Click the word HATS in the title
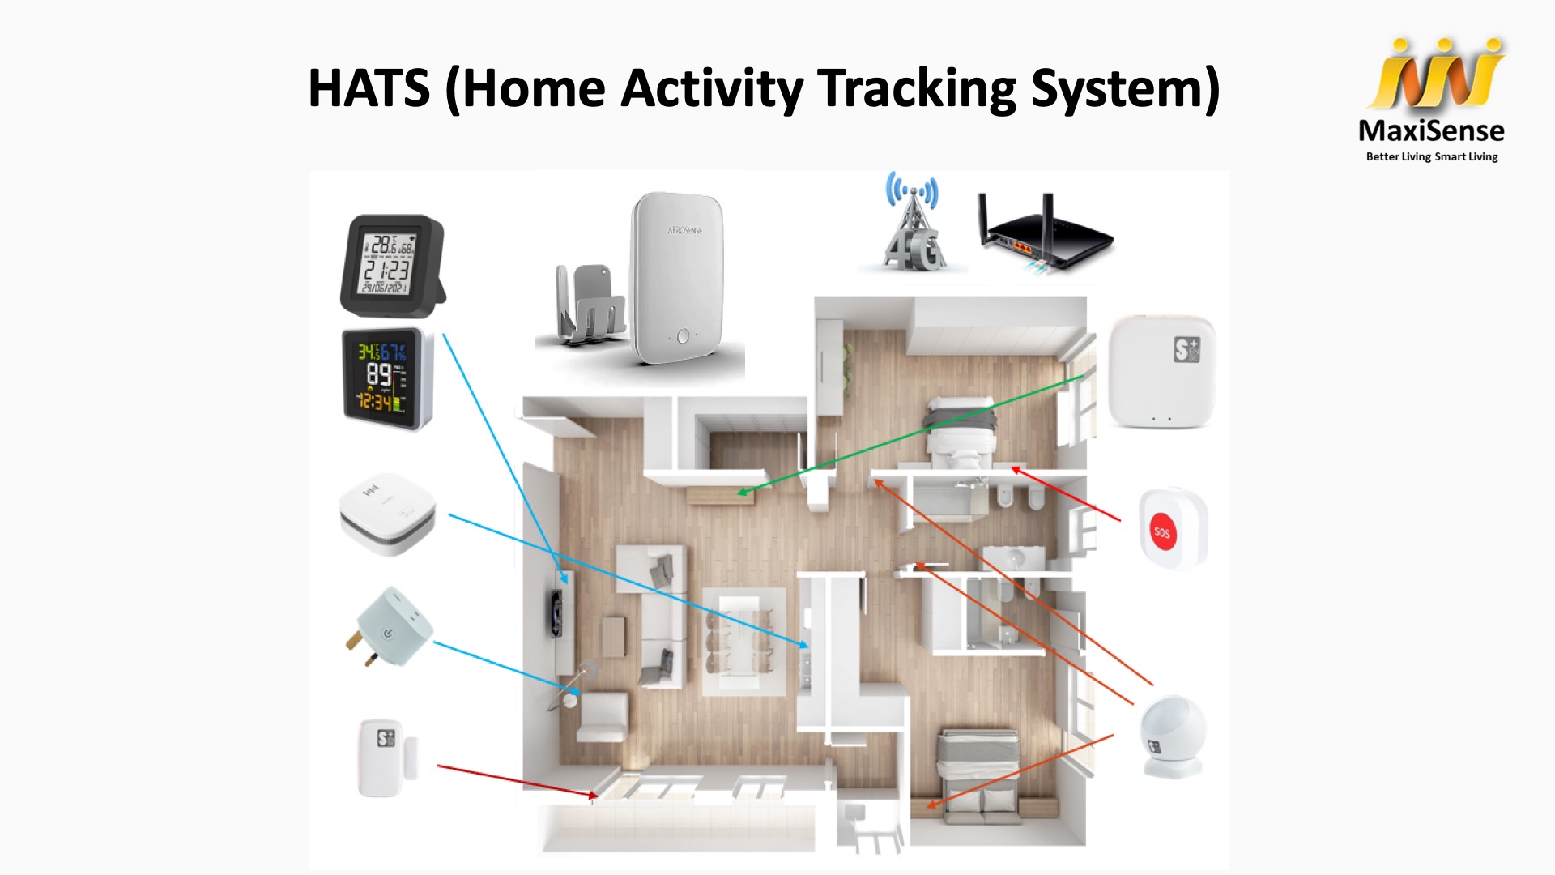pos(369,88)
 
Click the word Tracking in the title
pos(917,88)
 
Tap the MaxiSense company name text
pos(1431,131)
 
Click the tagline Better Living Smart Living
pos(1431,156)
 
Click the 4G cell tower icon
pos(913,223)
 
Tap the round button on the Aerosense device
pos(683,335)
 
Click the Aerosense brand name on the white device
pos(684,231)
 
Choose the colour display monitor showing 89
pos(386,377)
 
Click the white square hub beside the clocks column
pos(387,514)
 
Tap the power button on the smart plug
pos(389,632)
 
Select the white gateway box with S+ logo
pos(1161,371)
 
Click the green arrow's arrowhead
pos(741,492)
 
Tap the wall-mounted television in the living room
pos(556,613)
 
